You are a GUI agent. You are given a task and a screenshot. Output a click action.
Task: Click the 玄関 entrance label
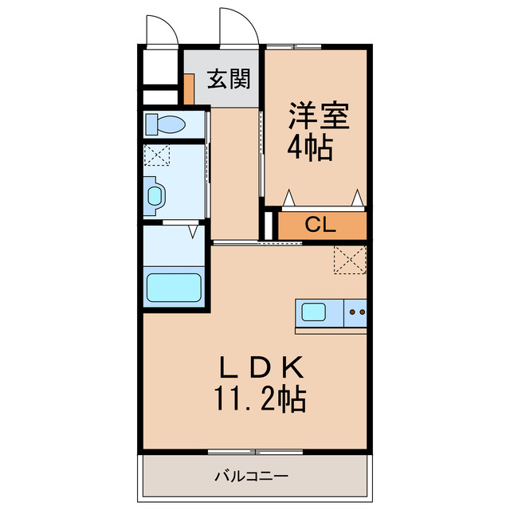point(229,79)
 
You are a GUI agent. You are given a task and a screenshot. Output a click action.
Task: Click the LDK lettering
point(261,367)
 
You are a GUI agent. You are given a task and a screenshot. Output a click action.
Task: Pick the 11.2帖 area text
point(261,399)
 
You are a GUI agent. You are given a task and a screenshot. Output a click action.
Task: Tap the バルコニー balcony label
point(251,477)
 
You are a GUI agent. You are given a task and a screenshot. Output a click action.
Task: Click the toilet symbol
point(165,124)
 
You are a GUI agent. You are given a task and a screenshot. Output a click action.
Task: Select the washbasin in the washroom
point(155,194)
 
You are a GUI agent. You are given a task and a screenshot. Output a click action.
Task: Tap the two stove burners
point(355,312)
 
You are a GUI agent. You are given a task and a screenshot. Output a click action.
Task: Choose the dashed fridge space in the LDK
point(349,259)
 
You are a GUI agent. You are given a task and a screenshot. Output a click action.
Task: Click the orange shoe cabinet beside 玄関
point(189,88)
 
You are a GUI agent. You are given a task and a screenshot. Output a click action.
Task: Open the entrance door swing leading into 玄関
point(238,30)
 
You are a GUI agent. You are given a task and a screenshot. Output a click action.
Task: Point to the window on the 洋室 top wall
point(294,47)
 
